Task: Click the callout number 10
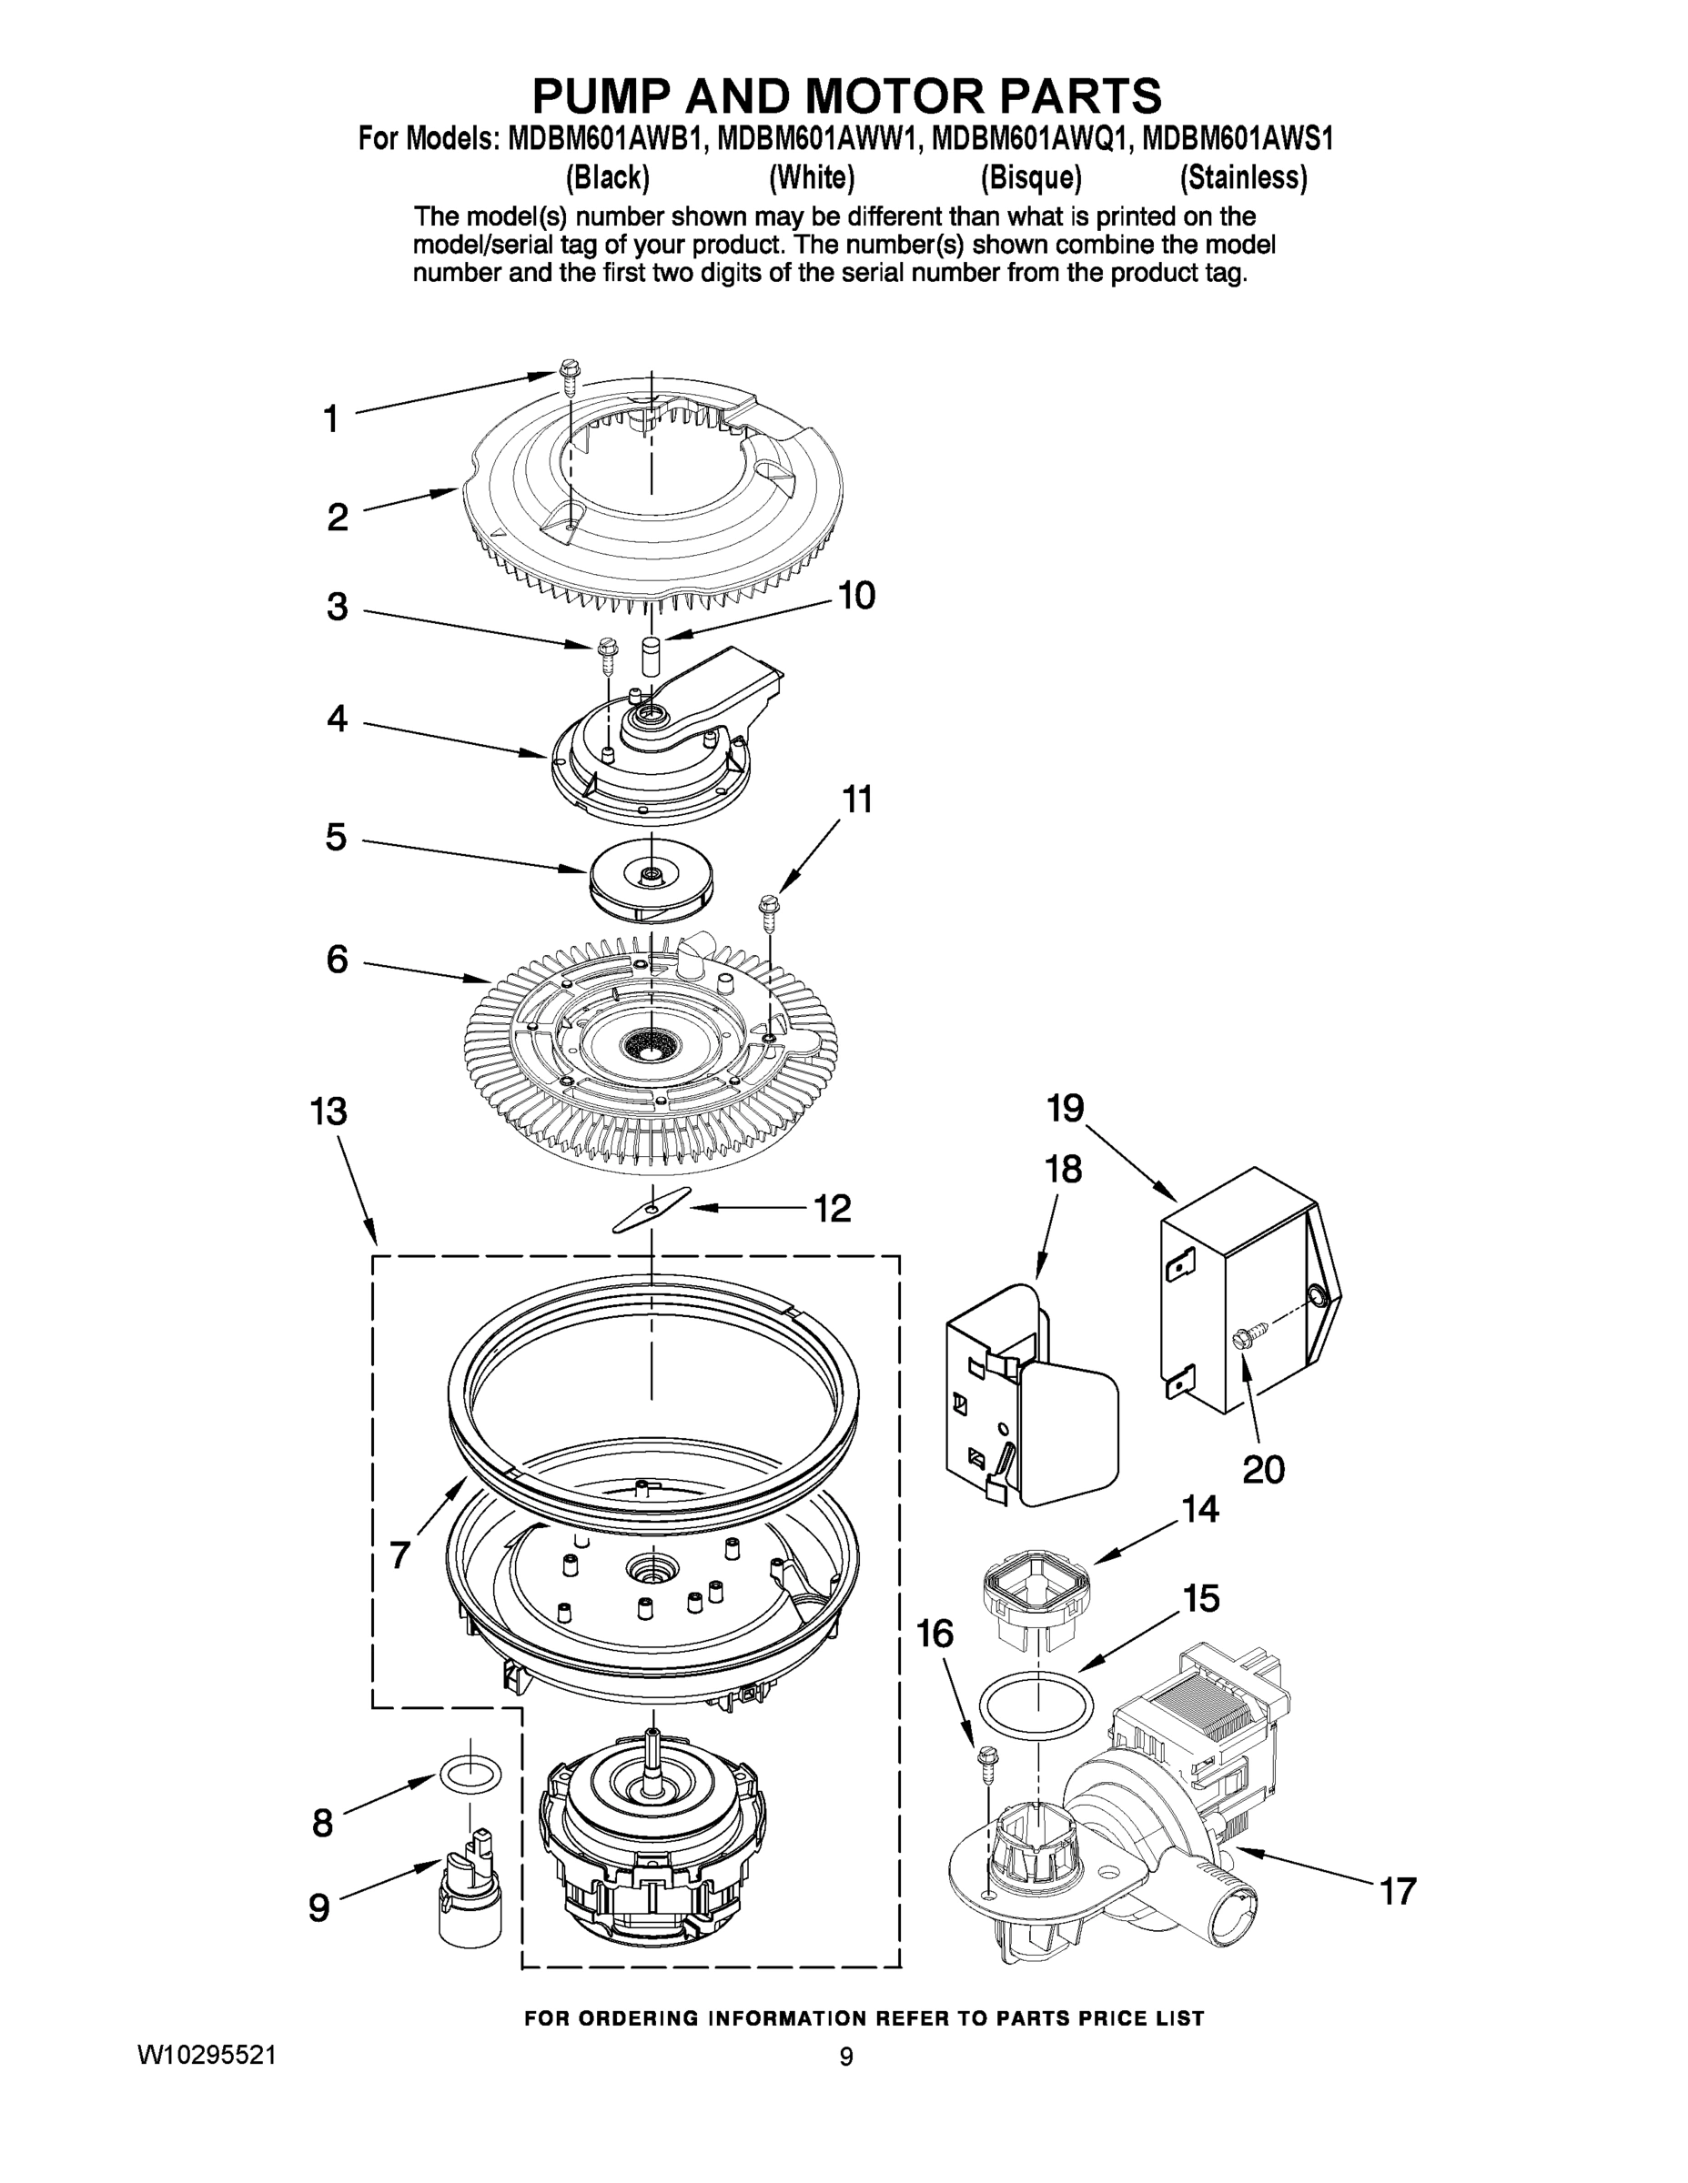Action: [x=857, y=596]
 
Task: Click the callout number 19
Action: [x=1066, y=1108]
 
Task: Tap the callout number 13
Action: [x=329, y=1112]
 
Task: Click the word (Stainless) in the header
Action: [x=1243, y=178]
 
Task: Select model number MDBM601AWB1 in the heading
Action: [x=606, y=138]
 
